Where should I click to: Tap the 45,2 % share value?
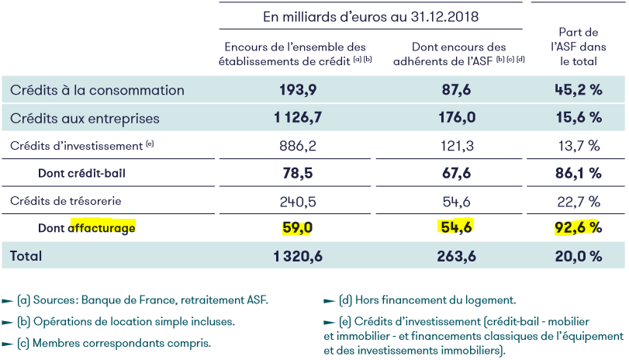(579, 90)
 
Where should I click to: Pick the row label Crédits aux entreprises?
(85, 119)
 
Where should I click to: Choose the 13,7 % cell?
(579, 145)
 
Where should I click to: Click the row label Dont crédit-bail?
(81, 173)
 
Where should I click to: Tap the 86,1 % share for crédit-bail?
(579, 173)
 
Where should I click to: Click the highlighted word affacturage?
(102, 228)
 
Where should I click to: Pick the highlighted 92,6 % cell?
(579, 228)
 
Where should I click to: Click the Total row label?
(26, 255)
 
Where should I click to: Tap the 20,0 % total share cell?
(579, 255)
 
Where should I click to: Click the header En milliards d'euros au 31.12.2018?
(371, 16)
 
